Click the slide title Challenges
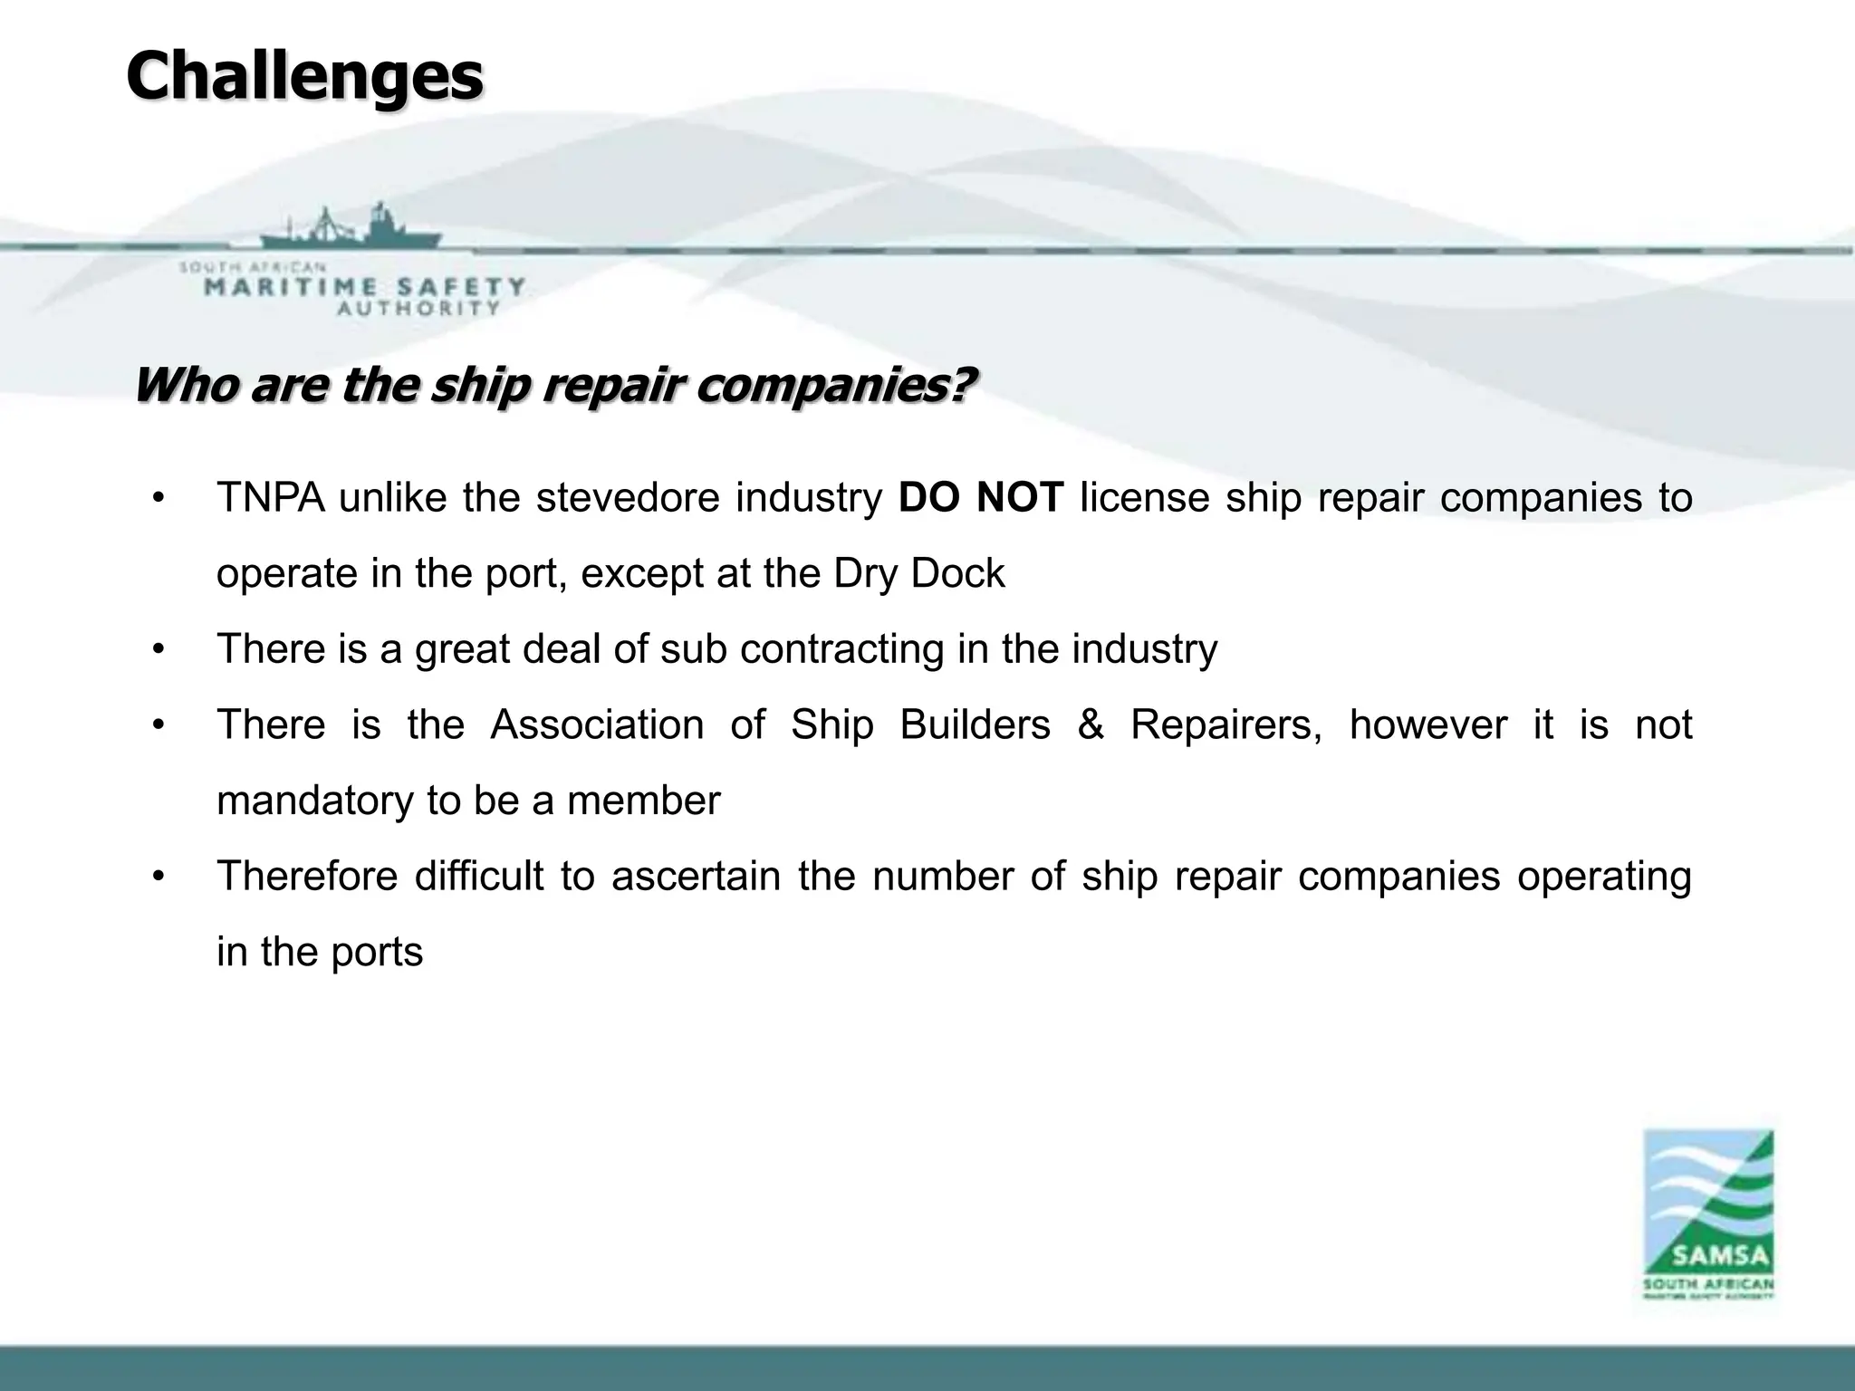point(304,78)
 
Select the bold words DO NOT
point(981,498)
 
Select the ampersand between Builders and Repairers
point(1091,725)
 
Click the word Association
point(597,725)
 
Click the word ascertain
point(696,877)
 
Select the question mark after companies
point(966,386)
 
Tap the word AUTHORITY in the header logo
point(418,308)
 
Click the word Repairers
point(1225,725)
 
